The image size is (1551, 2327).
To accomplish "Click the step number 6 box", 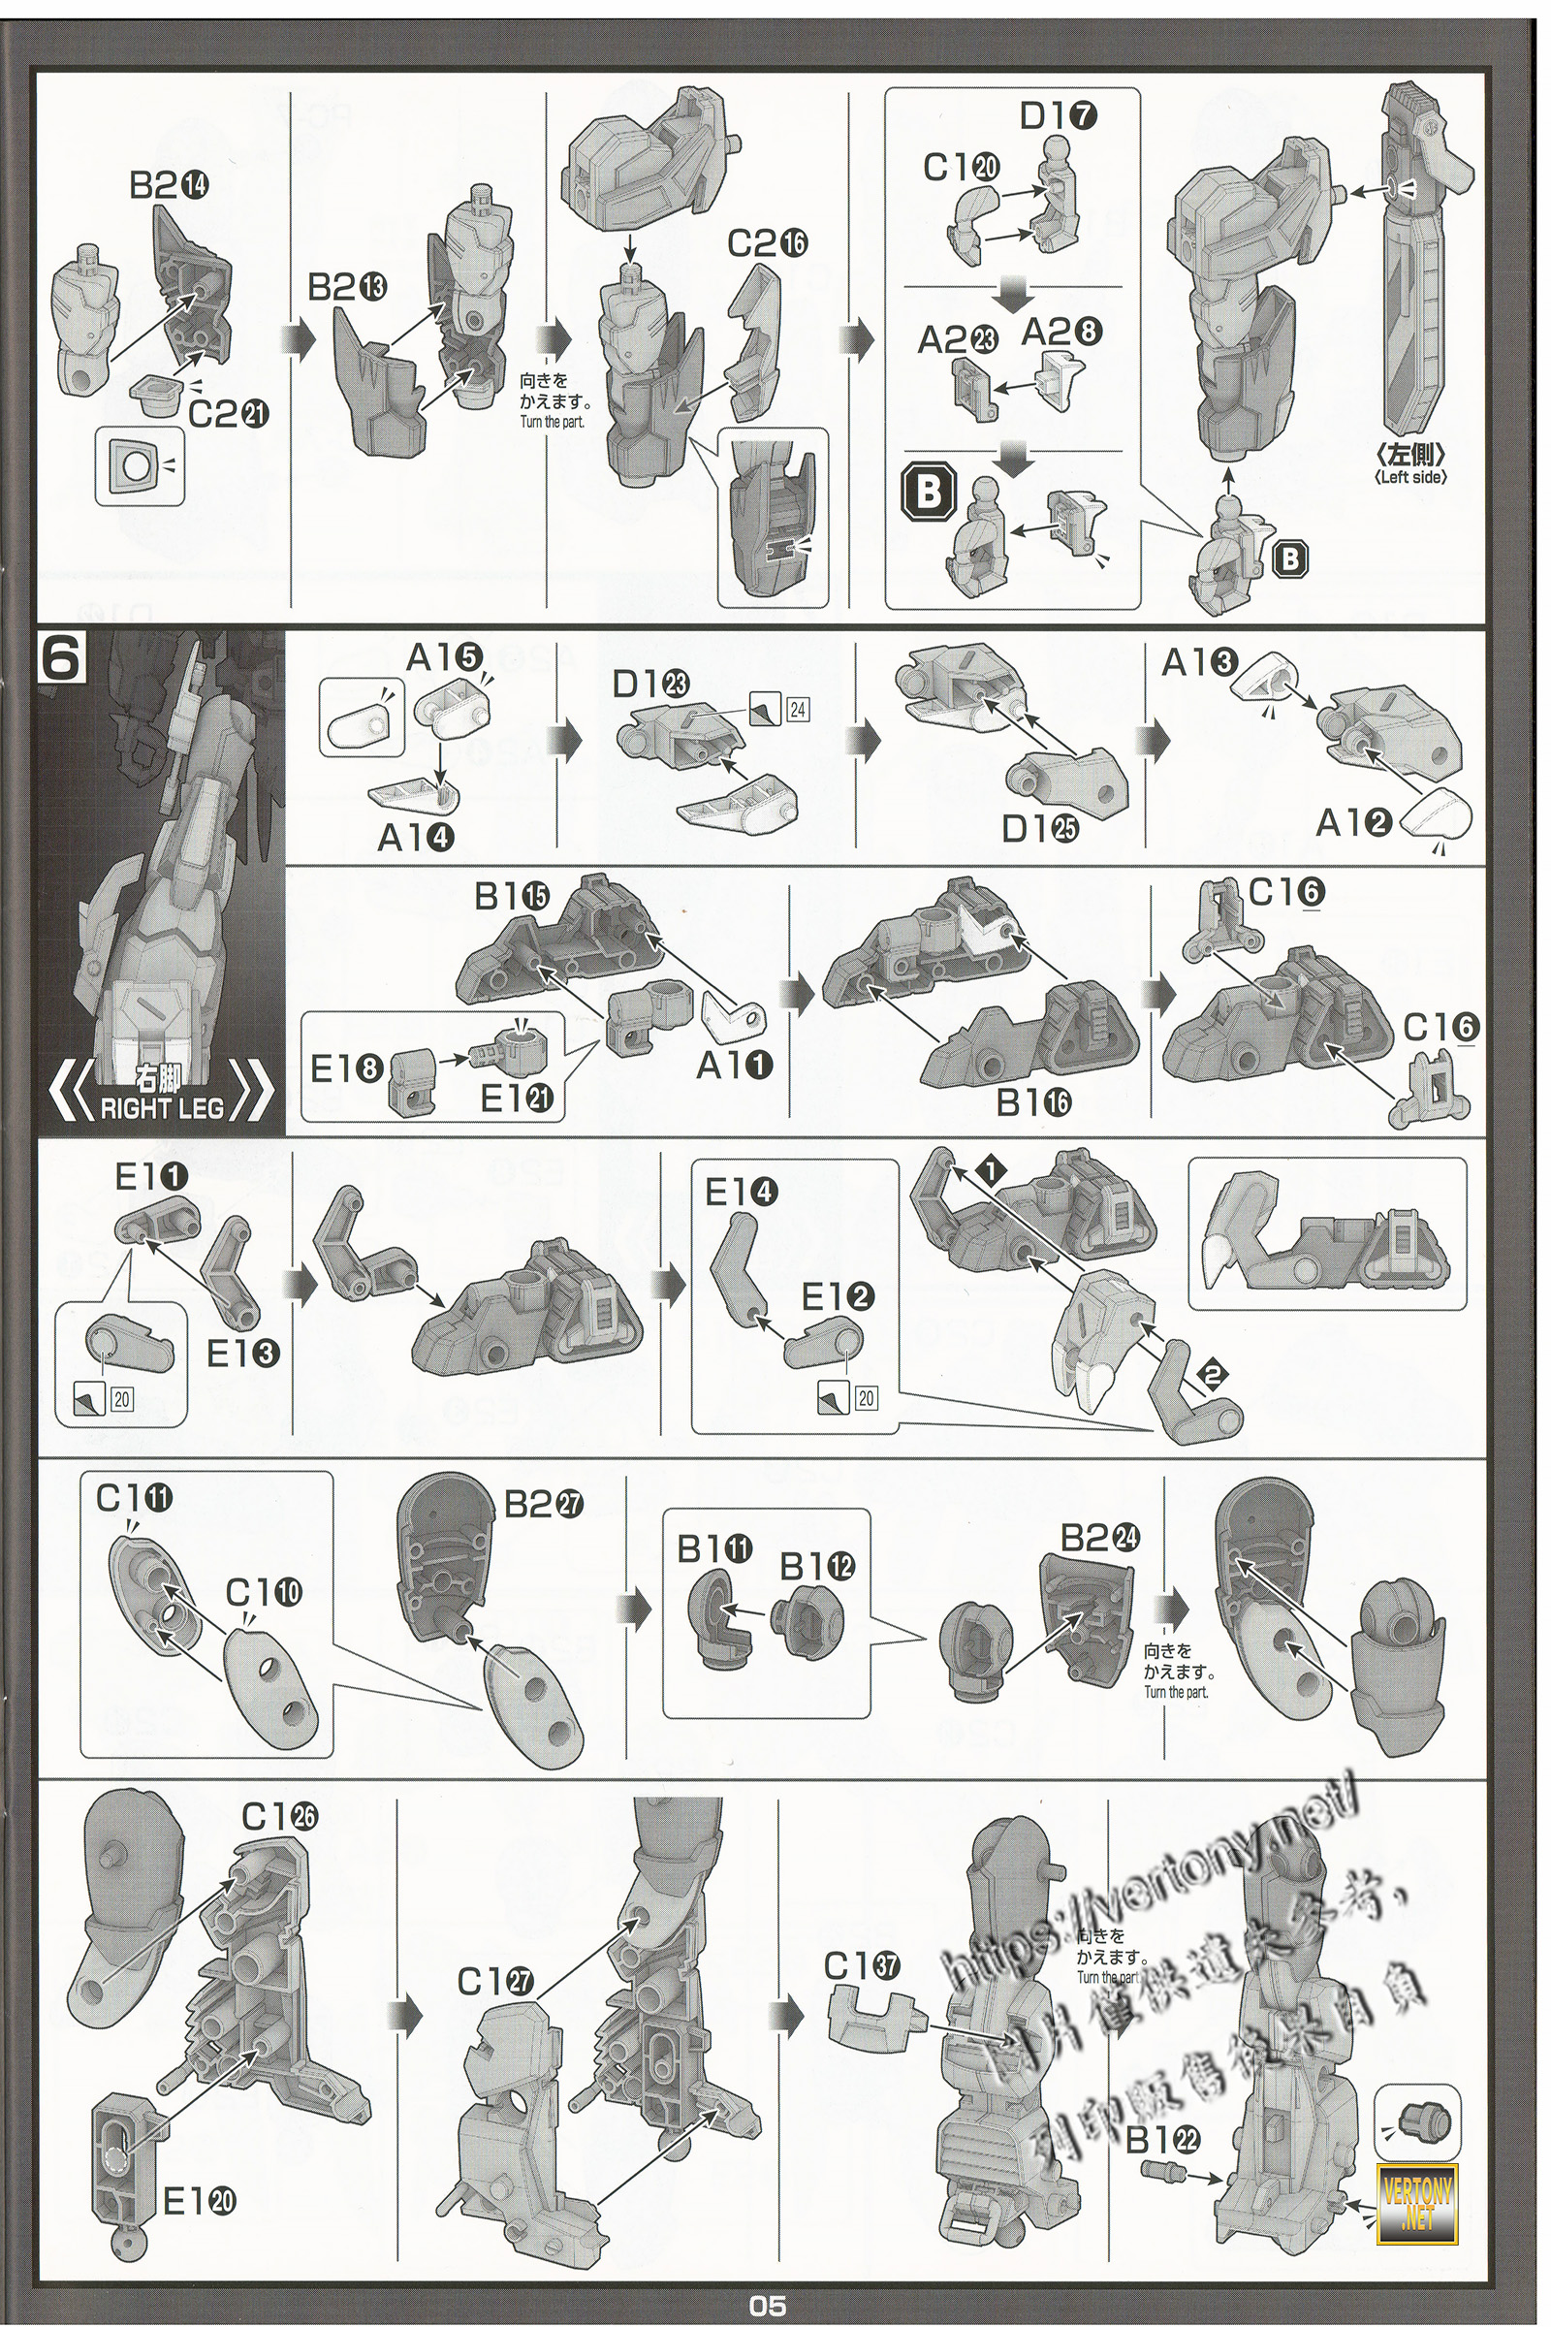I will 61,659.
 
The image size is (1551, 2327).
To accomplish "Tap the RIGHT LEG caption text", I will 161,1107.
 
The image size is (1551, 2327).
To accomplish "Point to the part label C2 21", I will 229,414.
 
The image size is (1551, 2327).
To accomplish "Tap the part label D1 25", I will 1039,829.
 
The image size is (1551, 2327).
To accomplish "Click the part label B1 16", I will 1032,1102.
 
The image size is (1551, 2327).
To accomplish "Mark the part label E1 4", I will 741,1194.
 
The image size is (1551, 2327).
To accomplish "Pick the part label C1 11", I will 135,1500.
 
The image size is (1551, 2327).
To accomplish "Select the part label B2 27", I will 544,1505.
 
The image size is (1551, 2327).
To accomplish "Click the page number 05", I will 768,2307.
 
